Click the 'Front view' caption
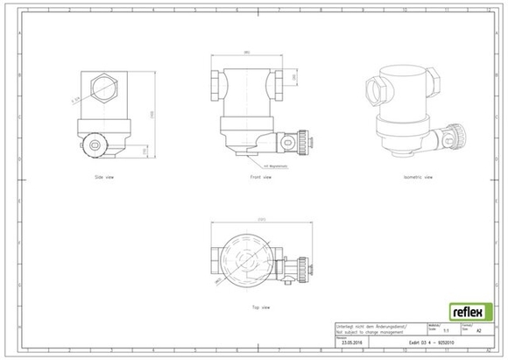coord(260,178)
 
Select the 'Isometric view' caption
coord(416,178)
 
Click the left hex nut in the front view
coord(217,84)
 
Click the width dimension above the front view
coord(247,54)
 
